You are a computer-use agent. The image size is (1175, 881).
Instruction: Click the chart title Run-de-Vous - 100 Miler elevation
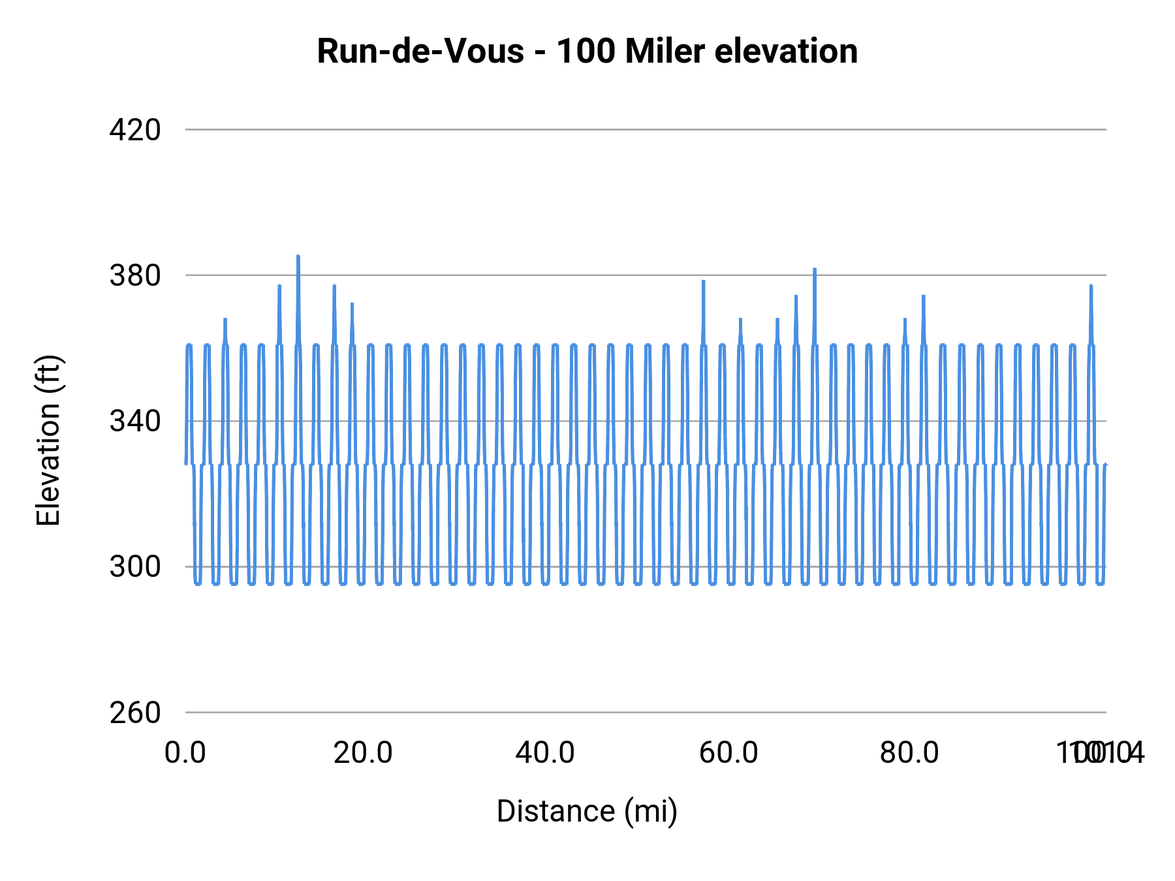point(587,51)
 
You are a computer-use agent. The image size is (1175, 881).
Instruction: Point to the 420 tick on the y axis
point(135,130)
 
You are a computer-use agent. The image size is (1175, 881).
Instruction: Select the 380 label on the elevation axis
point(135,275)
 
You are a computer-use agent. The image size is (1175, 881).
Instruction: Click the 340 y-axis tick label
point(135,421)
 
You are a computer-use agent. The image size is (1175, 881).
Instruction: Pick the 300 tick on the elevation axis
point(135,566)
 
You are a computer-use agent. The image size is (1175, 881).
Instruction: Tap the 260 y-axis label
point(135,713)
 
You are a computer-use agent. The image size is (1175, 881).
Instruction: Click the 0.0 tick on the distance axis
point(185,753)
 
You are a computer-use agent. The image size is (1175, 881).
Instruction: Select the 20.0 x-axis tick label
point(363,753)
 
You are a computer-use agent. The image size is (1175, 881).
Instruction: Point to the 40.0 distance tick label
point(545,753)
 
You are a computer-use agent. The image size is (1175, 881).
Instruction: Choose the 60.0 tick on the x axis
point(728,753)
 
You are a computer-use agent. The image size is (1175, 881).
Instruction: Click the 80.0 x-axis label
point(909,753)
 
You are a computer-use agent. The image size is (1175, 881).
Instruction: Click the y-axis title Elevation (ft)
point(48,440)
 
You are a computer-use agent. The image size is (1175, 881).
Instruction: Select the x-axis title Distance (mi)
point(587,811)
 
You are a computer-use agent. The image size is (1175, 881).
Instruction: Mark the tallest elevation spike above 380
point(298,256)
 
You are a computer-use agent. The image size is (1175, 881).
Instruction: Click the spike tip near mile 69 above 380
point(815,269)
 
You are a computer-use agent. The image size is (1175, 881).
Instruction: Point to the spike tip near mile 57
point(704,281)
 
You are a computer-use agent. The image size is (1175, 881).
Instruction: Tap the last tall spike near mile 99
point(1091,286)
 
